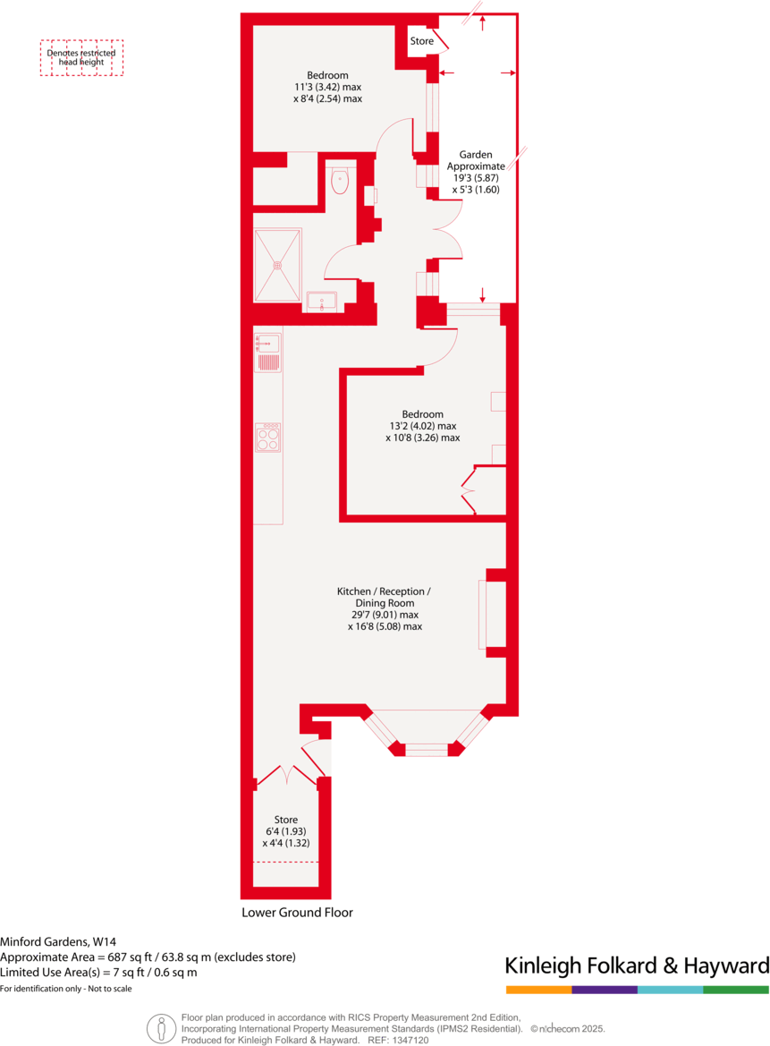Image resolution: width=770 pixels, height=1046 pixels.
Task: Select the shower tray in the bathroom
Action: point(277,265)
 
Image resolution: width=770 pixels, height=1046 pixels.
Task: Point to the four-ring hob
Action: point(268,438)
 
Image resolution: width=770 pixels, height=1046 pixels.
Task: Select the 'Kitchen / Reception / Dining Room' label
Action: point(384,598)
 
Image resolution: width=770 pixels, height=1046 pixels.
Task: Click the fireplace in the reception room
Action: point(493,614)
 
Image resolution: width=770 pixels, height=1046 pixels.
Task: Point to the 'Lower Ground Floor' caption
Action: point(297,913)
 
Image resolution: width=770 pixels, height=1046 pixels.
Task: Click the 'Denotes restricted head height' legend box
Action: point(81,57)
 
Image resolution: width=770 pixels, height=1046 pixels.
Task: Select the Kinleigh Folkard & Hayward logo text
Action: point(637,965)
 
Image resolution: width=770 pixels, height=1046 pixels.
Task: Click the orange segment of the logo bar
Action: point(538,990)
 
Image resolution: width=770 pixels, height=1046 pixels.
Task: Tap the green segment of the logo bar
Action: point(736,990)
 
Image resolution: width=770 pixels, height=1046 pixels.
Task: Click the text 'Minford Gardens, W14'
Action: point(58,941)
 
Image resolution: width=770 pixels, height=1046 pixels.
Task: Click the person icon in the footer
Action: point(161,1028)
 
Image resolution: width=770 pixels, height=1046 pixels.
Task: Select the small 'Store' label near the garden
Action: point(421,41)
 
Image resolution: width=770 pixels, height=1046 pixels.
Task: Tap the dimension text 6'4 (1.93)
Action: point(285,831)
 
